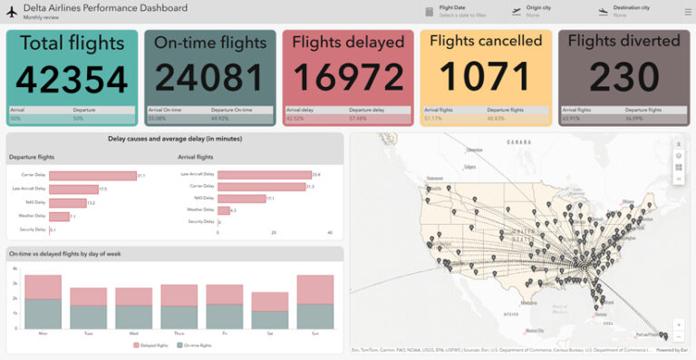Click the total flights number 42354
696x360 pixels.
[x=72, y=79]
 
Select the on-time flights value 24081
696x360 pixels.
[x=210, y=79]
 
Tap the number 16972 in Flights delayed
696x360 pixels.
[x=348, y=79]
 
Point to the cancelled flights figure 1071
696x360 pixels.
[x=486, y=79]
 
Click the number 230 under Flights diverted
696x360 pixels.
[x=623, y=79]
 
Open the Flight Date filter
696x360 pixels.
[x=458, y=11]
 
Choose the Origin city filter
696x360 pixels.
[x=538, y=11]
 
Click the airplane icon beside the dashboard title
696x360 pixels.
[x=13, y=11]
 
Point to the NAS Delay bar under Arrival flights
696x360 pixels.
[x=241, y=198]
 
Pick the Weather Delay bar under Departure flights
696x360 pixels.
[x=59, y=217]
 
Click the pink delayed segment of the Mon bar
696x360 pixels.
[x=43, y=287]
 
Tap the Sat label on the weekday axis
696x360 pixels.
[x=269, y=334]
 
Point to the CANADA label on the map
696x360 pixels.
[x=518, y=142]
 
